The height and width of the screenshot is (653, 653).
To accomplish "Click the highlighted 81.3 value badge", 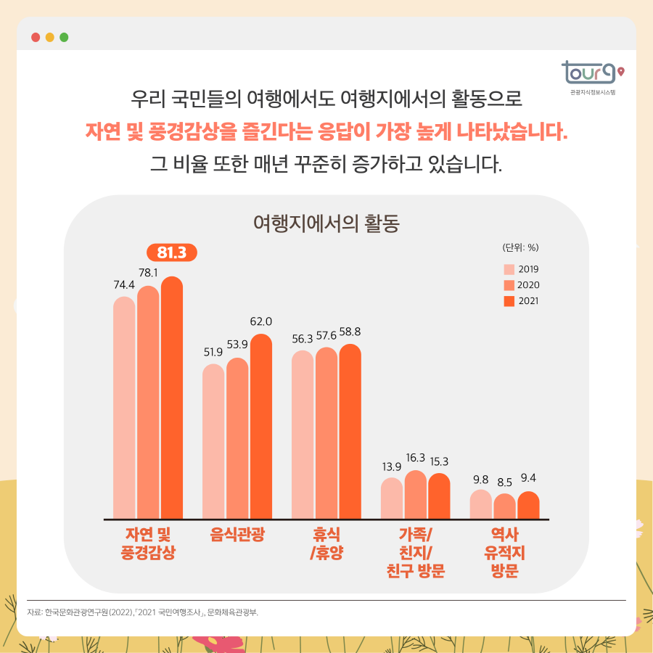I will (x=172, y=252).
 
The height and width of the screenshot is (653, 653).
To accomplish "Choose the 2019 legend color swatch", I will (x=509, y=269).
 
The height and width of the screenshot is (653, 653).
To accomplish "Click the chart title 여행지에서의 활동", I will (x=326, y=221).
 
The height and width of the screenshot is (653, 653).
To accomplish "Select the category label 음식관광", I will (x=237, y=535).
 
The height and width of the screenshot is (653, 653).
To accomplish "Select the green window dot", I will (x=64, y=37).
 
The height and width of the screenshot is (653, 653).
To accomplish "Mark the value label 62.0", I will (x=261, y=321).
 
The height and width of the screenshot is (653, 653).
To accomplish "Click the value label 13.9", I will (x=392, y=465).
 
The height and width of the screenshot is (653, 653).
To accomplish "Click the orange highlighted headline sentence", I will (x=326, y=131).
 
